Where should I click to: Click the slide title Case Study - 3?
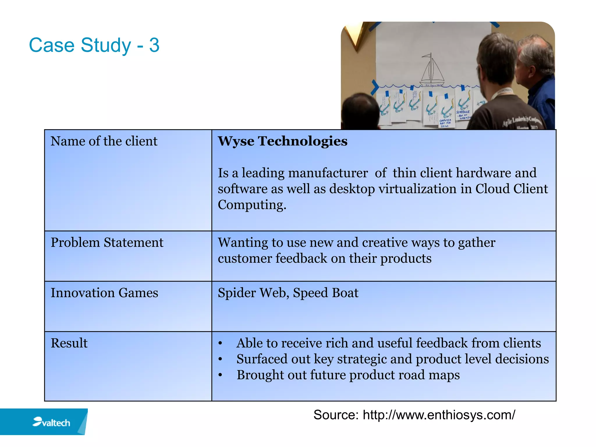point(94,45)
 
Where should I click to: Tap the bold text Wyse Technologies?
point(282,141)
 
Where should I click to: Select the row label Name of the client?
point(104,141)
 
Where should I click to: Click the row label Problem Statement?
point(107,243)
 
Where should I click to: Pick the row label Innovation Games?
point(104,293)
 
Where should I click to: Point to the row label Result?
point(69,343)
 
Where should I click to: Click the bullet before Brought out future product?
point(220,375)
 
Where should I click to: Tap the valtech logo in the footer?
point(52,422)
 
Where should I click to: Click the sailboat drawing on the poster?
point(432,71)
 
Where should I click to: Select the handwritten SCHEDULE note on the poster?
point(463,112)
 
